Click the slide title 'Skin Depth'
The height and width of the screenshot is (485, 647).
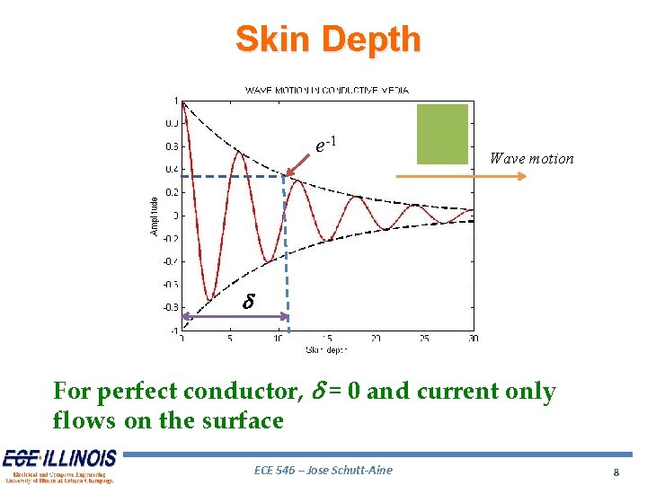pyautogui.click(x=327, y=40)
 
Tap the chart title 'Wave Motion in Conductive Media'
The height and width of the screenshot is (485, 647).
pyautogui.click(x=327, y=90)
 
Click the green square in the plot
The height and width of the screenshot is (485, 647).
pyautogui.click(x=443, y=134)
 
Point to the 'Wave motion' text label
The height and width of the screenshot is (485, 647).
pyautogui.click(x=531, y=159)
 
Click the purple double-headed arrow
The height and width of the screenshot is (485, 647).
pyautogui.click(x=235, y=316)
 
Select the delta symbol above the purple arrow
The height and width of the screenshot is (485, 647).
pyautogui.click(x=249, y=303)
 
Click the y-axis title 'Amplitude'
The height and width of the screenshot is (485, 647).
pyautogui.click(x=154, y=216)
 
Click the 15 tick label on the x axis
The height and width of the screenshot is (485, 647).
pyautogui.click(x=327, y=338)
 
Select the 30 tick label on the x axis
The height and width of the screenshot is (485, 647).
pyautogui.click(x=473, y=338)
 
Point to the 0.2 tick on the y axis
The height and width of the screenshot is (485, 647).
pyautogui.click(x=171, y=192)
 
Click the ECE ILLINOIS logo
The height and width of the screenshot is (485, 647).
pyautogui.click(x=59, y=465)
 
